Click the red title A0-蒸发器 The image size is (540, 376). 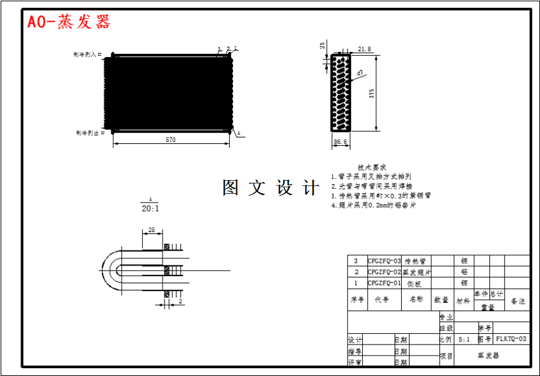click(x=68, y=22)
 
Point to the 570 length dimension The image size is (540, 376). click(x=171, y=140)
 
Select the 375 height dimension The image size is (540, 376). click(x=372, y=93)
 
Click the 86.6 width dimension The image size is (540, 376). click(x=340, y=141)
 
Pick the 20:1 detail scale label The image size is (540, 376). click(x=150, y=208)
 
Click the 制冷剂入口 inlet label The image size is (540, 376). click(x=89, y=56)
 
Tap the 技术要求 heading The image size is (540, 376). click(x=372, y=168)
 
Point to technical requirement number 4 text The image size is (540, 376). click(x=373, y=205)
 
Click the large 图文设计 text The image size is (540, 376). click(x=271, y=188)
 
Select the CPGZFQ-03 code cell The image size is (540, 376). click(x=384, y=261)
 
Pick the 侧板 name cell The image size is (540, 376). click(x=414, y=283)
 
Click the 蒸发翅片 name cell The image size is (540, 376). click(x=417, y=272)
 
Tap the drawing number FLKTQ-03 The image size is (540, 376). click(x=511, y=339)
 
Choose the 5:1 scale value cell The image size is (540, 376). click(x=464, y=340)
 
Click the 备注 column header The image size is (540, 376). click(x=518, y=301)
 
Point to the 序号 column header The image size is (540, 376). click(x=357, y=300)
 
